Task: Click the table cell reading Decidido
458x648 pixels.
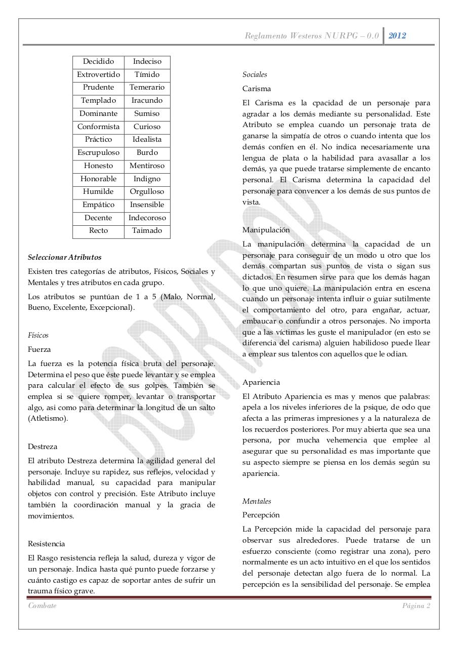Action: (x=98, y=61)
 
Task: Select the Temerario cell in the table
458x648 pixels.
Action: (x=147, y=87)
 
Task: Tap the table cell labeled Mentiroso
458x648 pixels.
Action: (x=147, y=166)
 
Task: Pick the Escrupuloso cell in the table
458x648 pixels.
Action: (x=98, y=152)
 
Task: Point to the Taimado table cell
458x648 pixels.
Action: (x=147, y=231)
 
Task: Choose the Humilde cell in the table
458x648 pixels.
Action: (x=98, y=192)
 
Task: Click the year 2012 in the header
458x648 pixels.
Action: (x=397, y=35)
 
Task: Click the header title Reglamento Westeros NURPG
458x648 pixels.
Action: (x=312, y=35)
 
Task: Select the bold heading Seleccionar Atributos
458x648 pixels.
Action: (x=65, y=257)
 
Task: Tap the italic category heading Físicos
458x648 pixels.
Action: (x=38, y=335)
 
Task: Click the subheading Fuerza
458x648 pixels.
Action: (x=39, y=349)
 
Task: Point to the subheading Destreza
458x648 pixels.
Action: (x=43, y=447)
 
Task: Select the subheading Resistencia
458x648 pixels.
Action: (x=47, y=544)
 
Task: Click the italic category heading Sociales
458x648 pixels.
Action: (x=255, y=74)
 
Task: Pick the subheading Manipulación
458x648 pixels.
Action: (x=266, y=230)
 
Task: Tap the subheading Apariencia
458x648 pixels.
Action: (x=261, y=382)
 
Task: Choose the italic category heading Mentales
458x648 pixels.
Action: (x=257, y=501)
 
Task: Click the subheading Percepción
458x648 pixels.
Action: (x=261, y=515)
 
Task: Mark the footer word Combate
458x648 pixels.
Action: (x=43, y=606)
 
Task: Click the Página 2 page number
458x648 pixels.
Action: (x=416, y=606)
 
